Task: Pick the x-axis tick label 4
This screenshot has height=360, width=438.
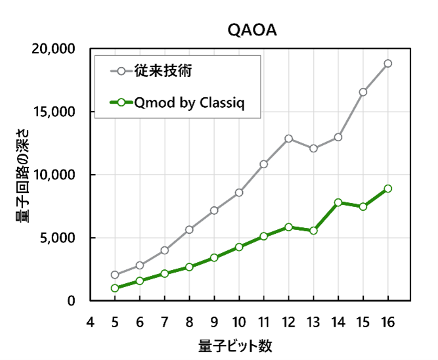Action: pos(90,323)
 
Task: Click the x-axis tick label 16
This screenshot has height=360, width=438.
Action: pos(388,323)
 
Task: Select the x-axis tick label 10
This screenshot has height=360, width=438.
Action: pos(239,323)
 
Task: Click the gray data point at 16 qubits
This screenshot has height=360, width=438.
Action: pos(388,64)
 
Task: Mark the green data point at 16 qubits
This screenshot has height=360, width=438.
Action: pos(388,189)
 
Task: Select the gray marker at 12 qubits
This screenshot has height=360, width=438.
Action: pos(288,139)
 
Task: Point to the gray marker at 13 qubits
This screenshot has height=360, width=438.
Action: pos(313,148)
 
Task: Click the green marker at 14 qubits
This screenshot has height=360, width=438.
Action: pos(338,202)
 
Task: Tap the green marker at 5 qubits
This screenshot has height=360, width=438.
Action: pos(115,288)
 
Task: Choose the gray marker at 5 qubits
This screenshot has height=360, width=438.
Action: pos(115,275)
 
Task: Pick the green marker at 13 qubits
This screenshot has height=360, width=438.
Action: pos(313,231)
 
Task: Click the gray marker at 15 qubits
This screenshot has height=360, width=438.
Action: pos(363,92)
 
